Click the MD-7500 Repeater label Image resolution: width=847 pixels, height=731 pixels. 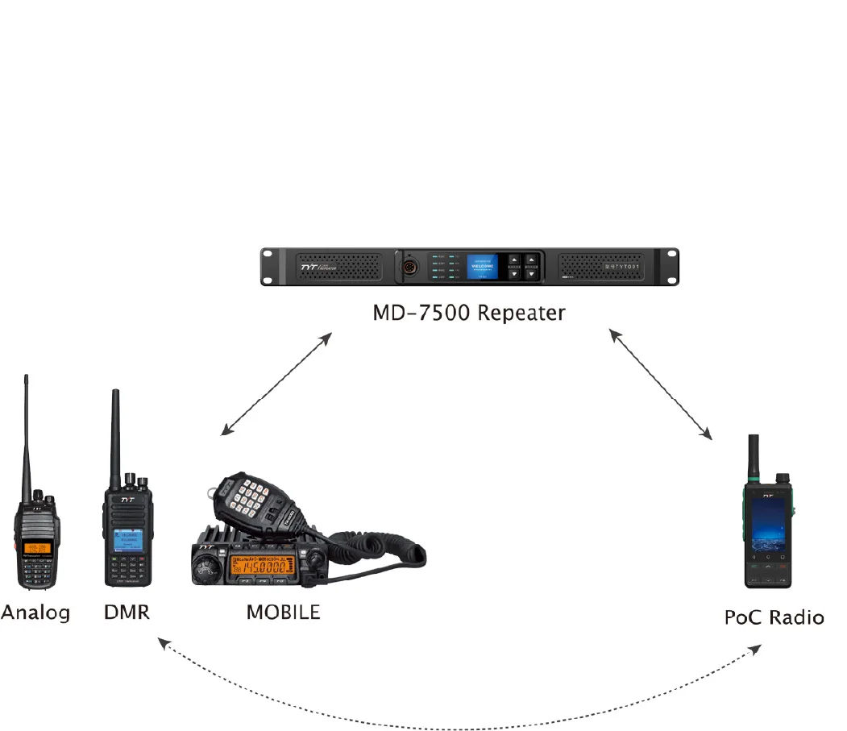(x=468, y=313)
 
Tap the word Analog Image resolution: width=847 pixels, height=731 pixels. (x=35, y=613)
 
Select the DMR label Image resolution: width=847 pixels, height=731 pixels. (x=127, y=613)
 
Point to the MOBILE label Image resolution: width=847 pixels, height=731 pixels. (x=283, y=613)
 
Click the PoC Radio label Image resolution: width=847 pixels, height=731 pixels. (x=774, y=618)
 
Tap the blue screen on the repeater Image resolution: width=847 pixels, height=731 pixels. (x=482, y=267)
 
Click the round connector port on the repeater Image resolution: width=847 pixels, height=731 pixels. (x=409, y=267)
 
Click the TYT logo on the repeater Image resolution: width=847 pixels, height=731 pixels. (x=287, y=264)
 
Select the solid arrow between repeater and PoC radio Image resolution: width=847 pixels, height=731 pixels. (x=661, y=384)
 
